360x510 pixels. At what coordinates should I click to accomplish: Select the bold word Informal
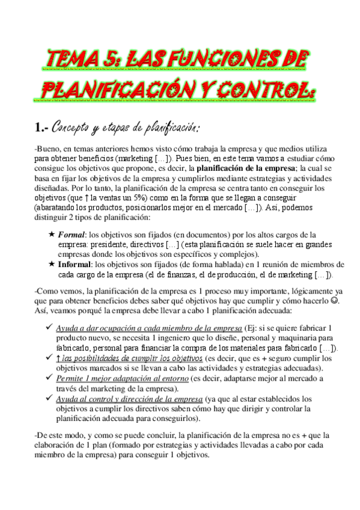pyautogui.click(x=75, y=265)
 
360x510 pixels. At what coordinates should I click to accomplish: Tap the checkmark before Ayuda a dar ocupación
pyautogui.click(x=49, y=327)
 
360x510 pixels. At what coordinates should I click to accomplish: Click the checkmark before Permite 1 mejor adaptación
pyautogui.click(x=49, y=378)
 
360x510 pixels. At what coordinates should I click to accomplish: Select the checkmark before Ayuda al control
pyautogui.click(x=49, y=399)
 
